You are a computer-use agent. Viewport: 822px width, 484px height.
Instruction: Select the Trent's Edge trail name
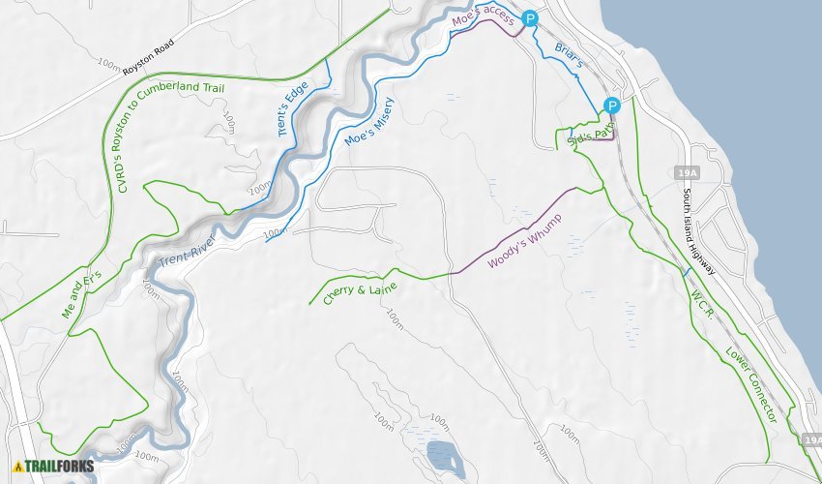(294, 107)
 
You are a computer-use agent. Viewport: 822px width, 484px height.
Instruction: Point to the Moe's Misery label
(369, 122)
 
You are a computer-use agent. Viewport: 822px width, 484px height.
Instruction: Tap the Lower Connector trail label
(751, 384)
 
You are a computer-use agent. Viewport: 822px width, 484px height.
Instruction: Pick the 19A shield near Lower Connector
(811, 440)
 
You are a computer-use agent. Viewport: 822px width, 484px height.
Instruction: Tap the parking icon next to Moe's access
(529, 17)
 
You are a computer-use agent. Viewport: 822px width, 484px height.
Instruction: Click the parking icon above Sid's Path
(611, 106)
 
